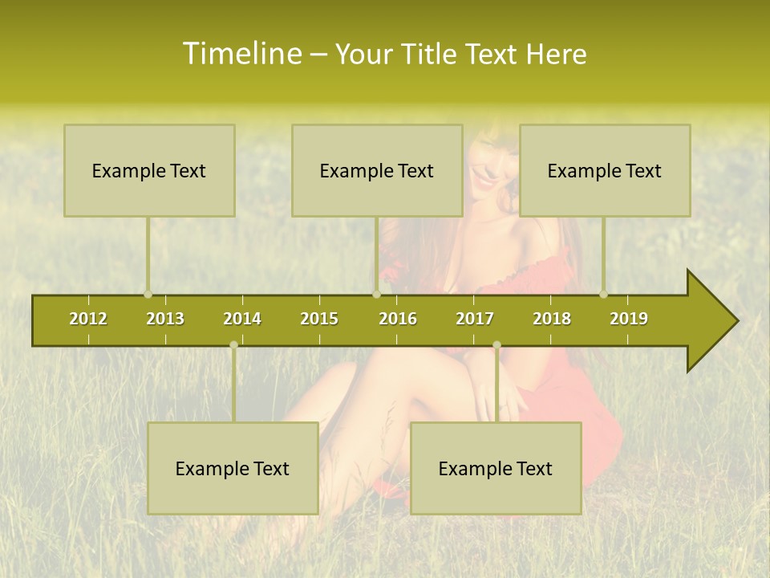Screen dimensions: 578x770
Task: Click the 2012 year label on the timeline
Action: tap(88, 319)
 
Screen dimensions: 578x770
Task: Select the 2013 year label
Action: tap(165, 319)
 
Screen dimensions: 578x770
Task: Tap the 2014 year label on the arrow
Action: tap(242, 319)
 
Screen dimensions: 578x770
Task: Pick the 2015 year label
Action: tap(319, 319)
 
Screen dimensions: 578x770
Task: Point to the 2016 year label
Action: tap(398, 319)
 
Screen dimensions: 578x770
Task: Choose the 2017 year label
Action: tap(475, 319)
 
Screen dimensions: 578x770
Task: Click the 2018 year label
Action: tap(552, 319)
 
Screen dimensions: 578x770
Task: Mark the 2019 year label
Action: tap(629, 319)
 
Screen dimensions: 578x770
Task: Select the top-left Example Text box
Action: tap(149, 170)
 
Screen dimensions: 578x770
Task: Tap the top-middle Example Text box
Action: tap(377, 170)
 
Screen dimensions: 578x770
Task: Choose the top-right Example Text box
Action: tap(605, 170)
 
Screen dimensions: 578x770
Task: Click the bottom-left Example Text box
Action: tap(233, 468)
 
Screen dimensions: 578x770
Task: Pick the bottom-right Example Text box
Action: tap(496, 468)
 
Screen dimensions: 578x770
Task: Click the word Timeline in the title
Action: tap(241, 54)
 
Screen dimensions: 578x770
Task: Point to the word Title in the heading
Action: tap(430, 54)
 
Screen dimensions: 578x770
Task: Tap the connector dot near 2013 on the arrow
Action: tap(148, 295)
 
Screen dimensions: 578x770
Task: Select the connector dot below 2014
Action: tap(233, 345)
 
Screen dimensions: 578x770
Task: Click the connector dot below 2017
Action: tap(496, 345)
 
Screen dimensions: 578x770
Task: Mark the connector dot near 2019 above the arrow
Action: tap(603, 295)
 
